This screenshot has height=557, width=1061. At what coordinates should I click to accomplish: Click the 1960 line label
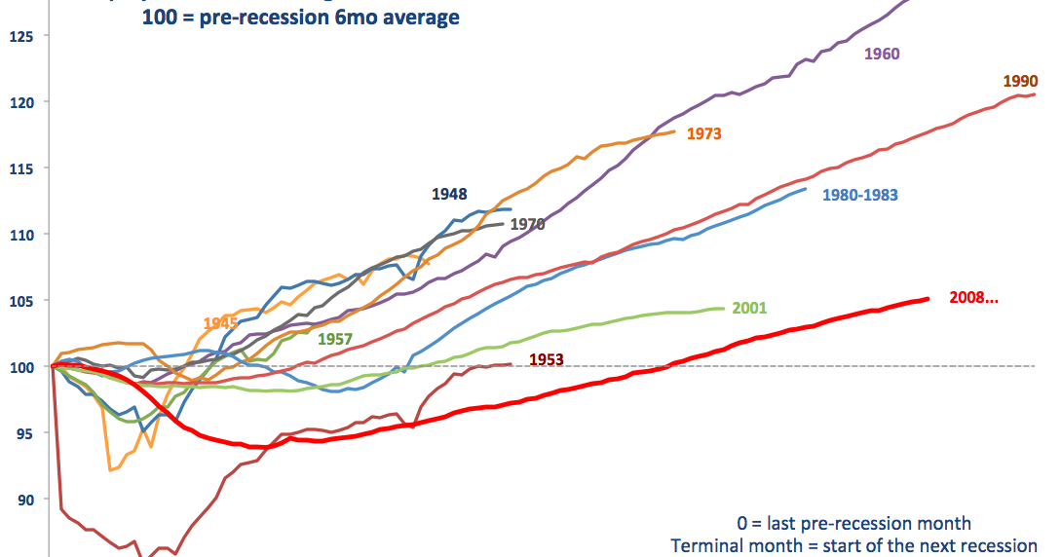tap(882, 55)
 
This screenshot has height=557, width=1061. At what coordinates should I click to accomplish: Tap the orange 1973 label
tap(703, 133)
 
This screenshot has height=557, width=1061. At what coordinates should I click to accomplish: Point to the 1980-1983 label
tap(859, 195)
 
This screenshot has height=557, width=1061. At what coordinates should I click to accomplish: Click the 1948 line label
tap(449, 195)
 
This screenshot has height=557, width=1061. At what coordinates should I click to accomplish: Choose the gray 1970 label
tap(527, 225)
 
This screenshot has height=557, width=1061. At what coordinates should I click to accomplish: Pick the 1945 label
tap(221, 323)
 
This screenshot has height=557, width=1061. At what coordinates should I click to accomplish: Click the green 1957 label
tap(334, 340)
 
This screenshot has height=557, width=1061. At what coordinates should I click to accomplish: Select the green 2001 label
tap(749, 309)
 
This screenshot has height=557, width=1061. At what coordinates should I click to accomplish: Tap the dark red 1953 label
tap(547, 359)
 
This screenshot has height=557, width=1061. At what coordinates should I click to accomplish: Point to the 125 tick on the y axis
tap(21, 37)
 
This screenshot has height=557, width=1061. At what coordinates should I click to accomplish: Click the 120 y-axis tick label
tap(21, 102)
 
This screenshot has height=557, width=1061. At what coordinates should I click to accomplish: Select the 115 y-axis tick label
tap(21, 168)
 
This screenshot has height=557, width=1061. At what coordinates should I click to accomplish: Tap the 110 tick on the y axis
tap(21, 235)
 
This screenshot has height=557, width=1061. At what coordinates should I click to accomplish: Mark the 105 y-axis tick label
tap(21, 301)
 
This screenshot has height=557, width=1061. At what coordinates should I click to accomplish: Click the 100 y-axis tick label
tap(21, 367)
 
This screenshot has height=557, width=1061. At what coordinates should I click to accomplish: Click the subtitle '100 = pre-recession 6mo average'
tap(301, 18)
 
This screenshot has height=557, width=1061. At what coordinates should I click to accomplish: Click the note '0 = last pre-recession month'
tap(853, 524)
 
